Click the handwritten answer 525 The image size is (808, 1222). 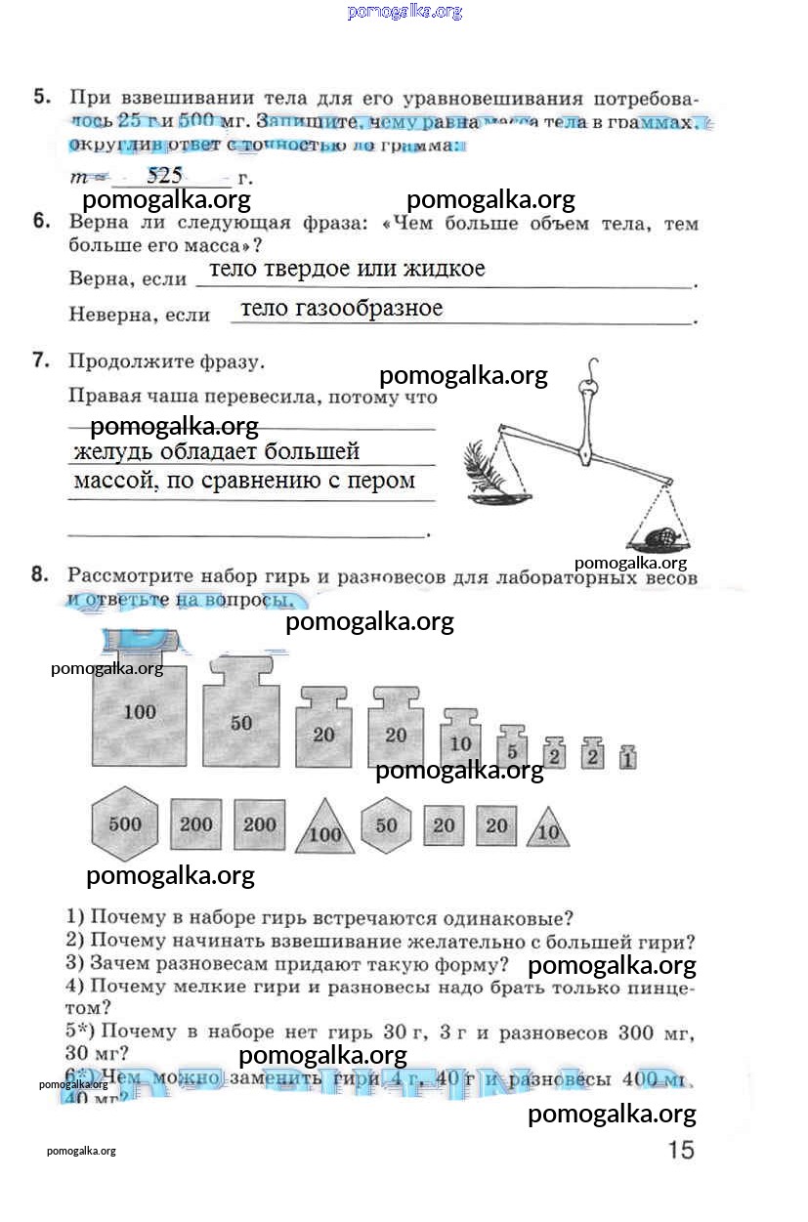coord(164,176)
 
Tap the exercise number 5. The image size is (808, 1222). coord(41,97)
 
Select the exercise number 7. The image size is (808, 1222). coord(41,360)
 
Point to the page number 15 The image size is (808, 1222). coord(681,1150)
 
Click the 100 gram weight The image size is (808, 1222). coord(140,715)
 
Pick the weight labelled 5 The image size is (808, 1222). coord(512,750)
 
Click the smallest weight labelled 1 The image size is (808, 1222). coord(627,757)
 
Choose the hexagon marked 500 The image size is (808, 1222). coord(125,824)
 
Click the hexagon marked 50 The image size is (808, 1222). coord(387,825)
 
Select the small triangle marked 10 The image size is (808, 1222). coord(547,830)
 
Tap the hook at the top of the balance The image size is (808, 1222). coord(589,370)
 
